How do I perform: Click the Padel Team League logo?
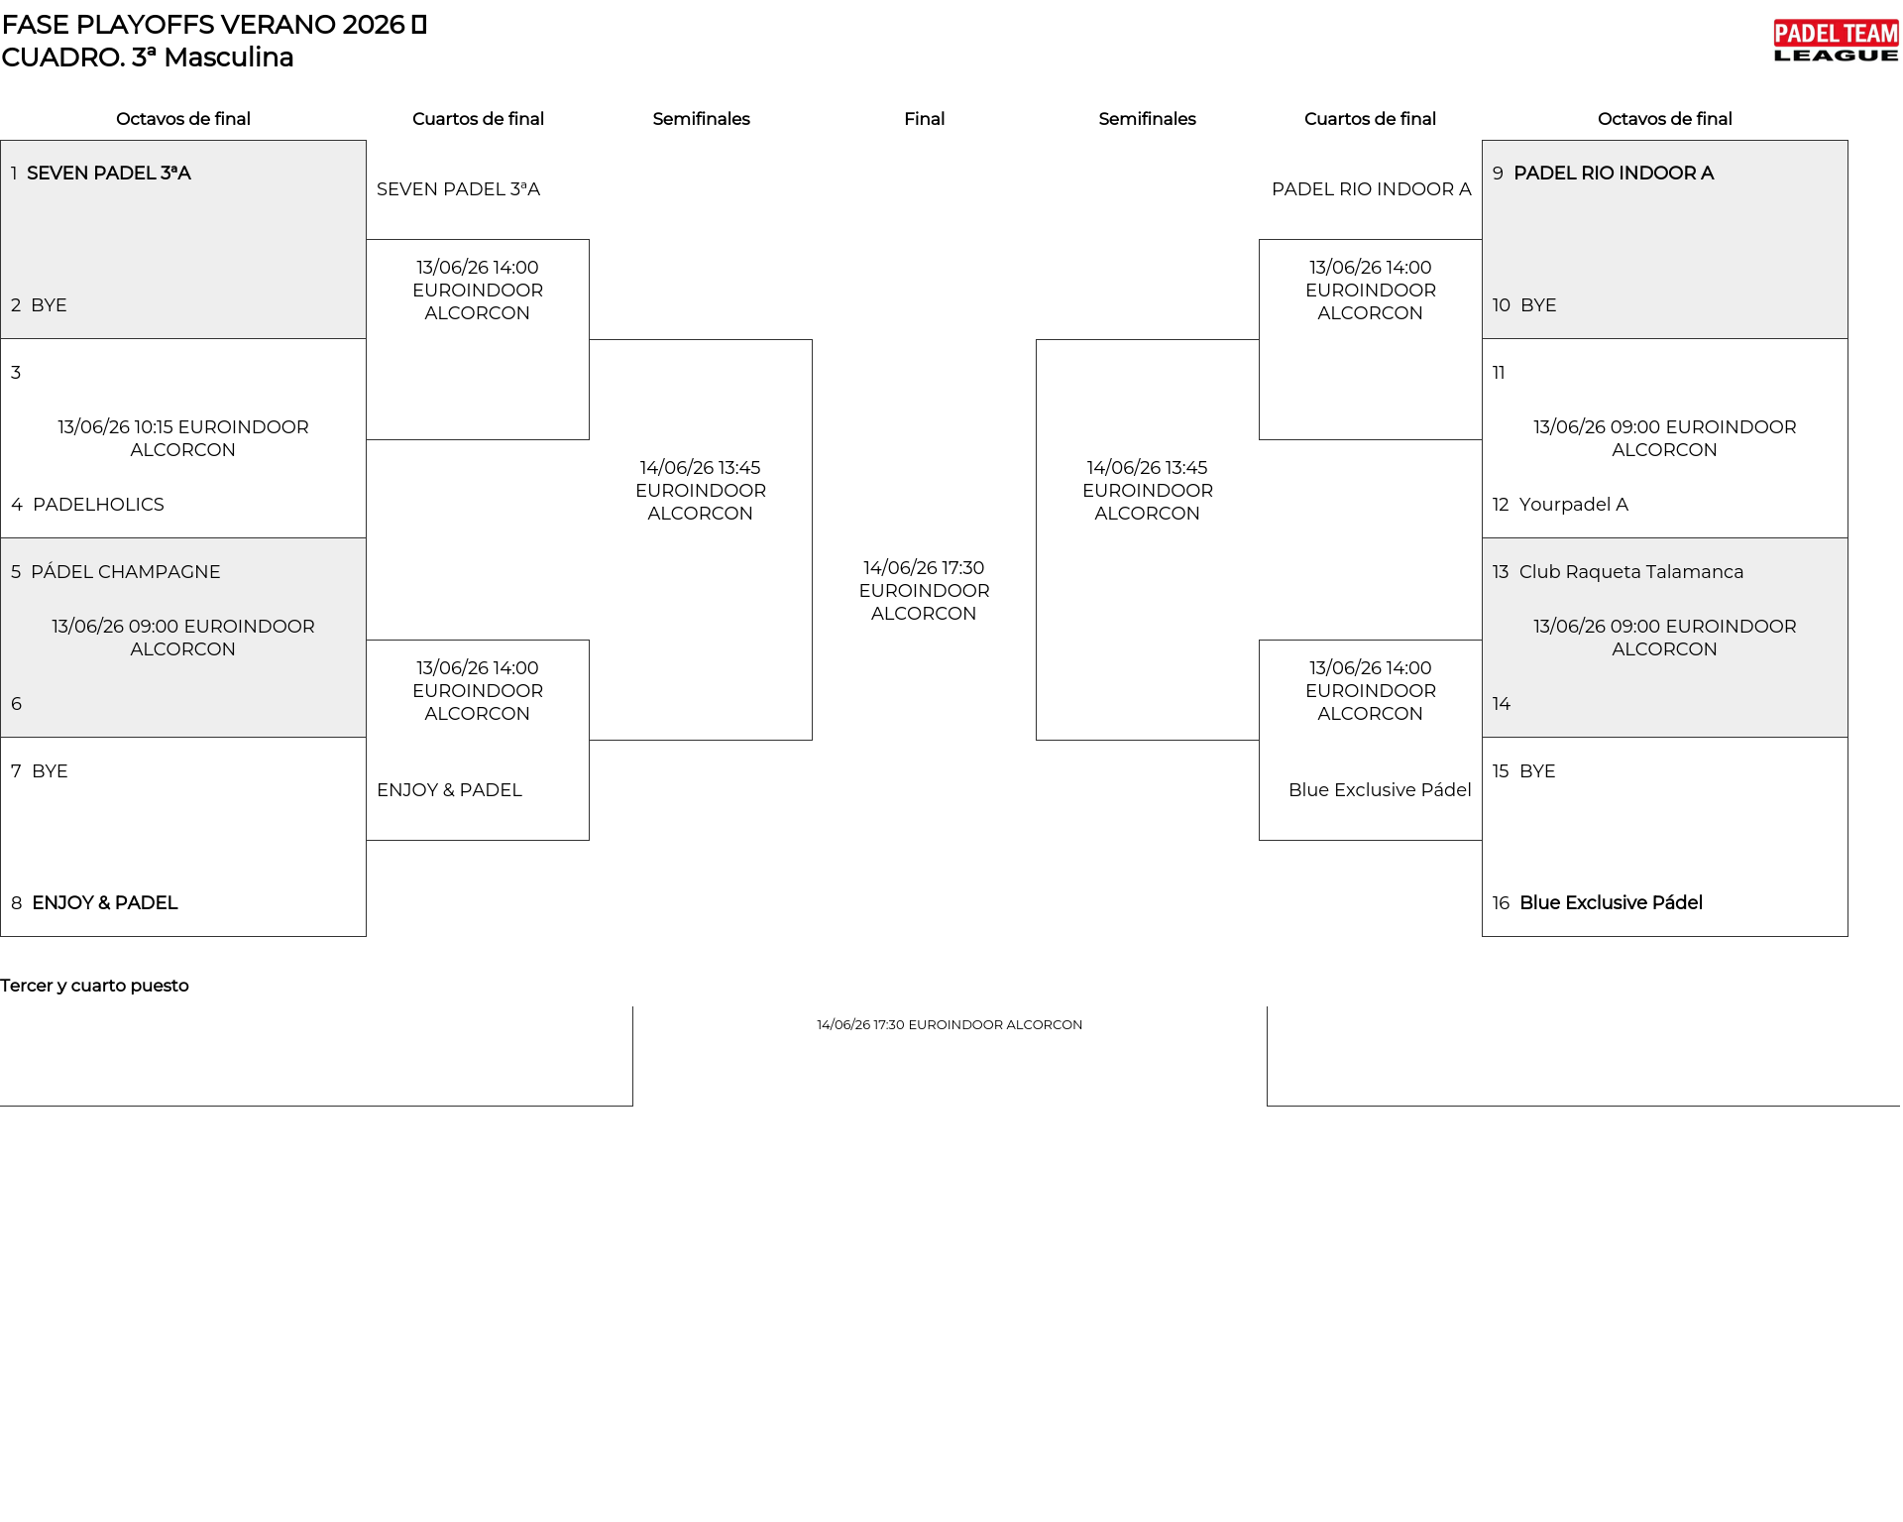pyautogui.click(x=1836, y=42)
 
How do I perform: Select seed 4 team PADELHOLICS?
pyautogui.click(x=98, y=505)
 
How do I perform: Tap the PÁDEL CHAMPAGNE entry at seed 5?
pyautogui.click(x=126, y=572)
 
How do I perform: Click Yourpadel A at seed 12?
pyautogui.click(x=1574, y=505)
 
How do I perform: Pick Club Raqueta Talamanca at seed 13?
pyautogui.click(x=1631, y=572)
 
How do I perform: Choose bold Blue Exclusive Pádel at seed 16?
pyautogui.click(x=1611, y=903)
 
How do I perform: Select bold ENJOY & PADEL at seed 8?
pyautogui.click(x=105, y=903)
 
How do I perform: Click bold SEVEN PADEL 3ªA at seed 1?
pyautogui.click(x=109, y=174)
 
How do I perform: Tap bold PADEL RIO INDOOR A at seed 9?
pyautogui.click(x=1614, y=174)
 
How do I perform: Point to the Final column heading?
pyautogui.click(x=924, y=119)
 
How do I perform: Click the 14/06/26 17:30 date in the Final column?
pyautogui.click(x=924, y=568)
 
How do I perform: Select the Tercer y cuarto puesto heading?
pyautogui.click(x=94, y=986)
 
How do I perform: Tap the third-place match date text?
pyautogui.click(x=950, y=1025)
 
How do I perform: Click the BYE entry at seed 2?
pyautogui.click(x=49, y=305)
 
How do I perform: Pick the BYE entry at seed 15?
pyautogui.click(x=1537, y=771)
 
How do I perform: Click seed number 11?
pyautogui.click(x=1499, y=373)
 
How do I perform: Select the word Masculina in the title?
pyautogui.click(x=229, y=58)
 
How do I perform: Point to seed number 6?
pyautogui.click(x=16, y=704)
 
